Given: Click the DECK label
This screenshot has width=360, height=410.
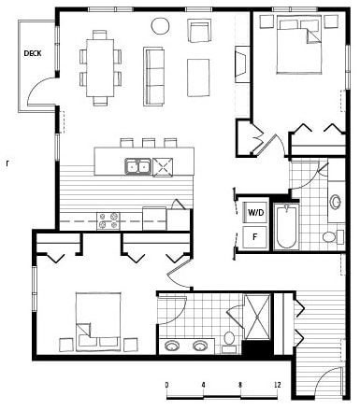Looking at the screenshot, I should pyautogui.click(x=33, y=52).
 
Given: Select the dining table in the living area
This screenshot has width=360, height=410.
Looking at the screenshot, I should pyautogui.click(x=99, y=65).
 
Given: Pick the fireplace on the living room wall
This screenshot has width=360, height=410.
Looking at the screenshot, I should pyautogui.click(x=240, y=64).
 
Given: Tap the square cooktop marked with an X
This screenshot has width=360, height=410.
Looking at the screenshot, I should pyautogui.click(x=166, y=167).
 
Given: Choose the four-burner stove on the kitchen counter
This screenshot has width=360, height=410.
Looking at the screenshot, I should pyautogui.click(x=108, y=220).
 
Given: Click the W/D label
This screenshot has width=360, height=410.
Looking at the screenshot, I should pyautogui.click(x=255, y=212).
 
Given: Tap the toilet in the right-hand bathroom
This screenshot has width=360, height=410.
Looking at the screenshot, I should pyautogui.click(x=331, y=236).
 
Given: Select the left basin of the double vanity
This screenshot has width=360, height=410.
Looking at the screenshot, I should pyautogui.click(x=172, y=346).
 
